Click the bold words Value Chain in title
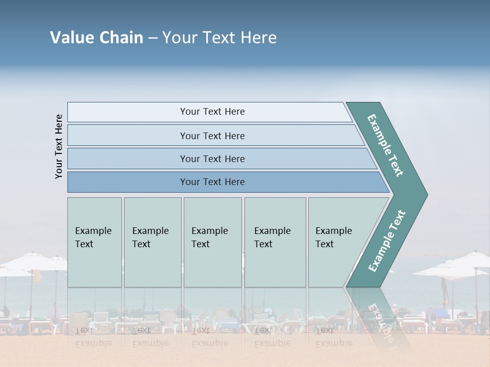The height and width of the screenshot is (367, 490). click(96, 38)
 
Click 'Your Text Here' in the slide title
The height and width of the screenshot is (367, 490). click(219, 38)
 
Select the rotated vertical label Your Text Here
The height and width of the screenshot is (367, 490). click(59, 146)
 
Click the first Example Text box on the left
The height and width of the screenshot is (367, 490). click(94, 242)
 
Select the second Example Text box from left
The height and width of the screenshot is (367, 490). click(153, 242)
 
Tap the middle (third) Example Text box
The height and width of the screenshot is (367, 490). click(212, 242)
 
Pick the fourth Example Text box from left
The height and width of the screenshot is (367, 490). click(275, 242)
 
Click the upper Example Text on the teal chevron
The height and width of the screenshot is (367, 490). click(385, 145)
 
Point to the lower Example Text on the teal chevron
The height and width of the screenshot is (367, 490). click(387, 241)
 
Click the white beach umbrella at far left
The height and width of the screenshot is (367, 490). click(31, 262)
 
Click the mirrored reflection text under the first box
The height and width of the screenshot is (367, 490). click(93, 337)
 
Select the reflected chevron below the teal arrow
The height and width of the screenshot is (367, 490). click(380, 316)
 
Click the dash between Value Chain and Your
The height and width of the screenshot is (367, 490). click(153, 38)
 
